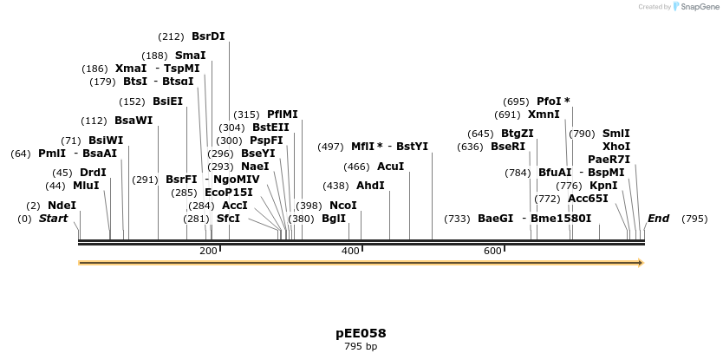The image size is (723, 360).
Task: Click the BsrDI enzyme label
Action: [208, 36]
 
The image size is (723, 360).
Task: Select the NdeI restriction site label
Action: [62, 206]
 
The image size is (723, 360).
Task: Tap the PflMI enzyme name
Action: [282, 115]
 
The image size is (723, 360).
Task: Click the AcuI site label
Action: [390, 167]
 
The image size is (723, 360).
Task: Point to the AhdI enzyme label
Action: [370, 186]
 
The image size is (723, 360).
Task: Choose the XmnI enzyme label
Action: [544, 115]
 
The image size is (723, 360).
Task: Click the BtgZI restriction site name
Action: [518, 134]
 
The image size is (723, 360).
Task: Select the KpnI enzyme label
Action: [603, 186]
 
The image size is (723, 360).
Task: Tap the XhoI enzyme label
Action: [616, 146]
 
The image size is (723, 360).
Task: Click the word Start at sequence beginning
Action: [53, 219]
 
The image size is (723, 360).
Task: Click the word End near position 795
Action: [658, 219]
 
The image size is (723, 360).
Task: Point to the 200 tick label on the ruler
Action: [208, 251]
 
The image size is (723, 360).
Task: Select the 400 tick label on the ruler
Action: [350, 251]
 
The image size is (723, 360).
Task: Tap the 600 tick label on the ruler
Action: [492, 251]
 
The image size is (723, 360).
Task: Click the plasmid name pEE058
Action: [361, 333]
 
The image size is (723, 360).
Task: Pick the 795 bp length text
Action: [361, 347]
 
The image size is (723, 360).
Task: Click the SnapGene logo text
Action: [702, 7]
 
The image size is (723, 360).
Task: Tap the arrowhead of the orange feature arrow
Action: [641, 262]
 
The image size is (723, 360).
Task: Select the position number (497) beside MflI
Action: [333, 147]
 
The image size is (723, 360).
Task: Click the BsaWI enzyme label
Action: [134, 121]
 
